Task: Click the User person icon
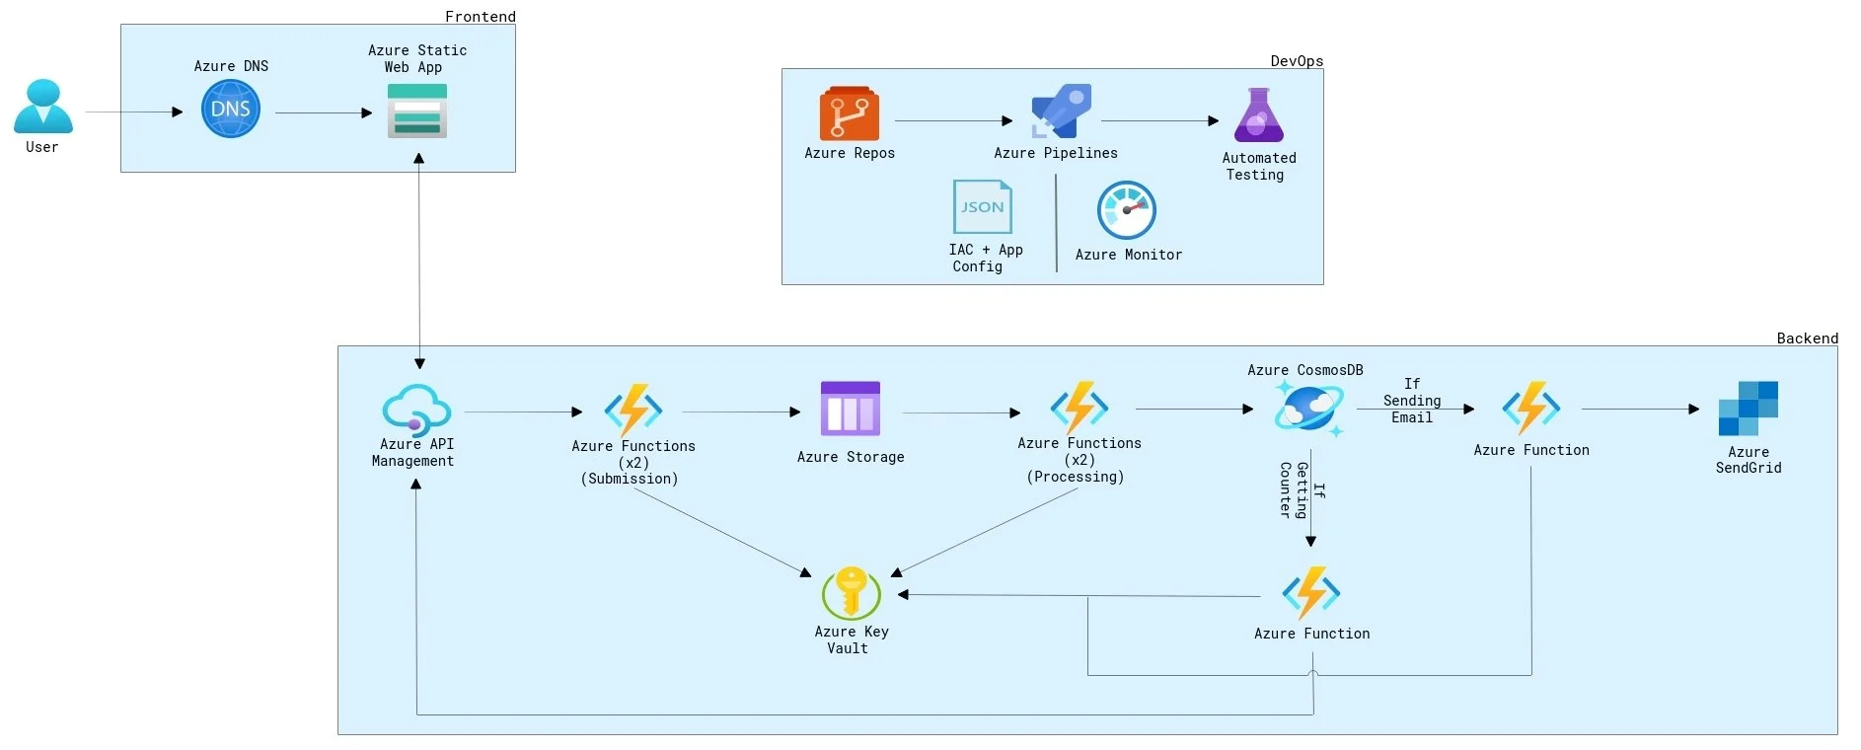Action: [x=42, y=107]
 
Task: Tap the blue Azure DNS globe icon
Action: [x=231, y=109]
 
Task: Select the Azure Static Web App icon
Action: [x=417, y=111]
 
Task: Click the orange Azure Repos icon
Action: [x=849, y=113]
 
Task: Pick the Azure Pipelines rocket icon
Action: [x=1061, y=111]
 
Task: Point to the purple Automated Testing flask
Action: [x=1259, y=115]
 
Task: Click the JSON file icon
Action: [x=982, y=206]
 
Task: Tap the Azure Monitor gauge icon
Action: [x=1127, y=209]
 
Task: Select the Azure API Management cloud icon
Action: [x=416, y=408]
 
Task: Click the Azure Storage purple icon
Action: [x=850, y=409]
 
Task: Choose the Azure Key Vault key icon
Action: [x=851, y=592]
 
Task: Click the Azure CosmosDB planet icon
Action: [x=1308, y=408]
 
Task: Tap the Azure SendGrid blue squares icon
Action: [x=1748, y=409]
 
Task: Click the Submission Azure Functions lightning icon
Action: [x=633, y=410]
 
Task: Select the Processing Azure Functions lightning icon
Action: [x=1079, y=407]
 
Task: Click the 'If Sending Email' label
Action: [x=1412, y=401]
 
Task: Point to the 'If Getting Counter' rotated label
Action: [x=1302, y=489]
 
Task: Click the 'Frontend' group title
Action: [x=480, y=16]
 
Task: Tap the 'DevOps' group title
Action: [x=1296, y=60]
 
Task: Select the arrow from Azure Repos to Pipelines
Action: [x=952, y=121]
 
